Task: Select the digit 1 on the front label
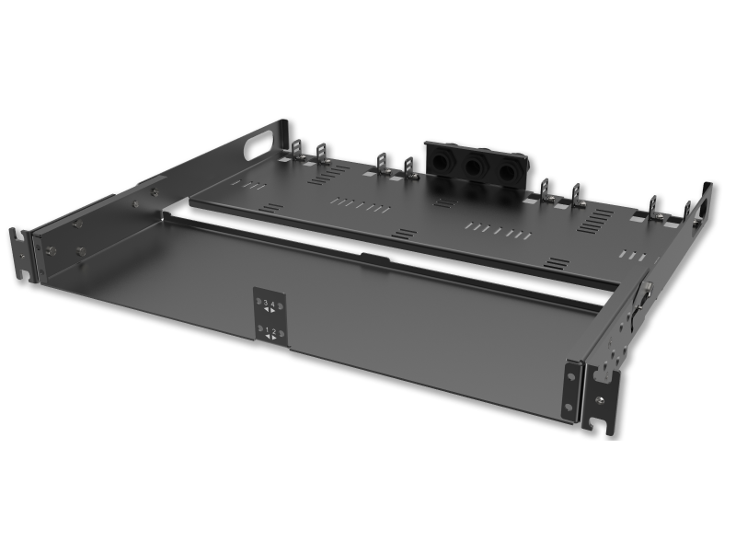tap(267, 328)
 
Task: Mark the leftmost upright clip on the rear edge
tap(297, 150)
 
